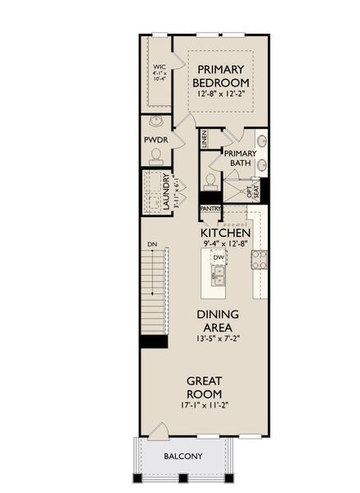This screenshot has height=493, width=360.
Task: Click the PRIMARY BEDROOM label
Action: [221, 76]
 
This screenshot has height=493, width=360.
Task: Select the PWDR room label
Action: [156, 141]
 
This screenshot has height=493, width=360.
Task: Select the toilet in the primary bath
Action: [210, 179]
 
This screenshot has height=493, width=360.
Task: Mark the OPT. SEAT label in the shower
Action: [254, 191]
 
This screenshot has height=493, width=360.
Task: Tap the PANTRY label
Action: [210, 209]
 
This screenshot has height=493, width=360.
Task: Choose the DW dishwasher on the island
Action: [219, 257]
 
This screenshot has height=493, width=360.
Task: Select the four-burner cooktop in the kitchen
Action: [259, 260]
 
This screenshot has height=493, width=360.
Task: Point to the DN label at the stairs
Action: [152, 244]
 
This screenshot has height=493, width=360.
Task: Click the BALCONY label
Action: [182, 456]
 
